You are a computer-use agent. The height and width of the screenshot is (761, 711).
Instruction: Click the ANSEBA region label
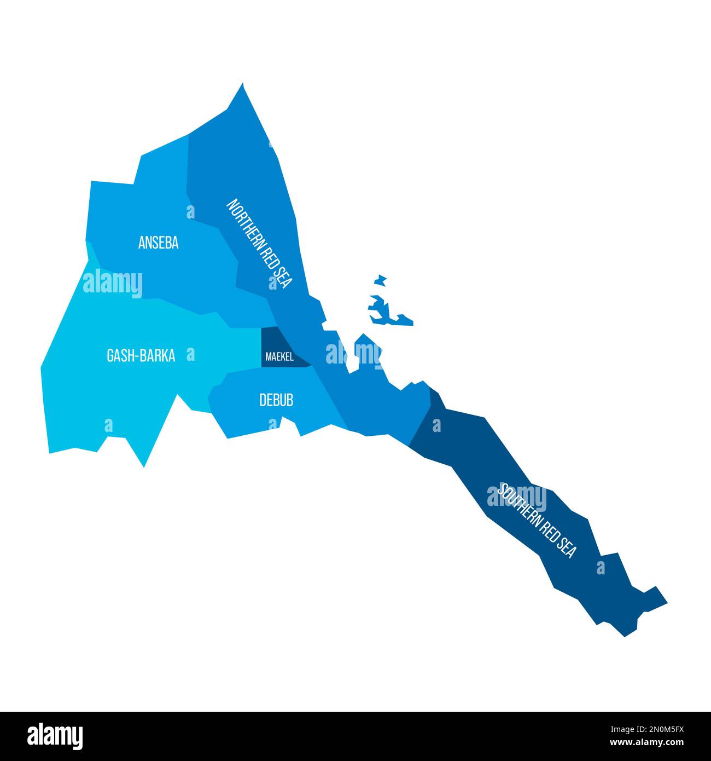(158, 243)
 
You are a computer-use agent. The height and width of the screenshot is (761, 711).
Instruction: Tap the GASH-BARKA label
(141, 356)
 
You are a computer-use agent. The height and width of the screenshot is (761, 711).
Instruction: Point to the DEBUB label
(276, 400)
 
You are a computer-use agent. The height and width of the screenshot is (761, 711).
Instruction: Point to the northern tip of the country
(242, 85)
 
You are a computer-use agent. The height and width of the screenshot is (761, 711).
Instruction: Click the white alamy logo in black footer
(55, 736)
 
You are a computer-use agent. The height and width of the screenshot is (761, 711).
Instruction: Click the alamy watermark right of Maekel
(353, 354)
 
